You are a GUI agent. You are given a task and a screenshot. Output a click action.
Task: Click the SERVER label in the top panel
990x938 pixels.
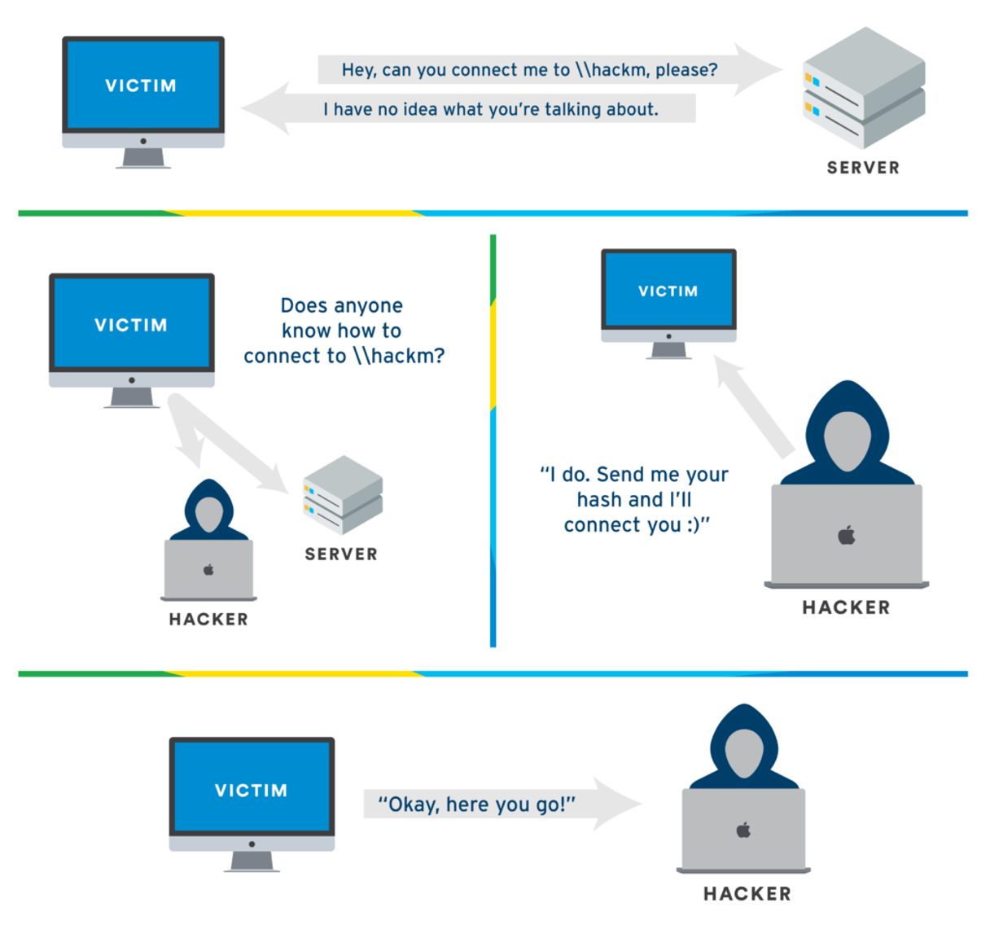(863, 168)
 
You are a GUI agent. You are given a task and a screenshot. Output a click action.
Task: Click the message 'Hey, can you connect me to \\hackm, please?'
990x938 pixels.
(529, 70)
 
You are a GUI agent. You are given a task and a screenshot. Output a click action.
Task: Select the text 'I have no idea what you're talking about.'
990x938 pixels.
(490, 109)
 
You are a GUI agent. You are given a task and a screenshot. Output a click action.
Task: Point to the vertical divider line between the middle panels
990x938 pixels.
(493, 440)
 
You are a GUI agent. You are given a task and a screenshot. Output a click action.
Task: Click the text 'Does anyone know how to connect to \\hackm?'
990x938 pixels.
(343, 331)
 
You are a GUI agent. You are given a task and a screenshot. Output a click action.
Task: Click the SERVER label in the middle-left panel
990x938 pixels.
(341, 554)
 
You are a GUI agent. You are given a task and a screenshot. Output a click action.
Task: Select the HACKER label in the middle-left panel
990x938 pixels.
(208, 620)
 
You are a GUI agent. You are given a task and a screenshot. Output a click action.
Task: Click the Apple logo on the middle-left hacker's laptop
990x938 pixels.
(208, 569)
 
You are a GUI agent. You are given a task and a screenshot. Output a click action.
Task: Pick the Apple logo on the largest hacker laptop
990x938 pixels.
(847, 535)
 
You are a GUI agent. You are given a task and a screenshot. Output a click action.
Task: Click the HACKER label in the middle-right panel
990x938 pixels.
(846, 607)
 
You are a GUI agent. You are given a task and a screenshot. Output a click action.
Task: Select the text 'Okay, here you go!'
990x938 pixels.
(477, 804)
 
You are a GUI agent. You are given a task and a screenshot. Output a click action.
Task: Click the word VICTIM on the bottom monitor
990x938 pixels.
(251, 791)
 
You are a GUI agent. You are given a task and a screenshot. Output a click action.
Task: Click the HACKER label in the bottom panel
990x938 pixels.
(747, 894)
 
